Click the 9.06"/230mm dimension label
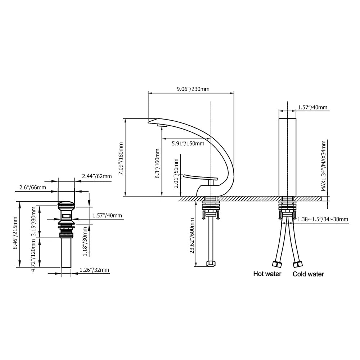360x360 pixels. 193,89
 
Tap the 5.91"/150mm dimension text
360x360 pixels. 188,144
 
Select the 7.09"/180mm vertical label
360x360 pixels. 121,159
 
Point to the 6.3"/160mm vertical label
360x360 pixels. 157,163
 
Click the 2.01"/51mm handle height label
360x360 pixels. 176,173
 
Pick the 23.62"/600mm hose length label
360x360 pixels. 192,236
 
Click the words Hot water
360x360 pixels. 267,274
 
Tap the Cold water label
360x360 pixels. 308,274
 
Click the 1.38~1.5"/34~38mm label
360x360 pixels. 323,219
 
